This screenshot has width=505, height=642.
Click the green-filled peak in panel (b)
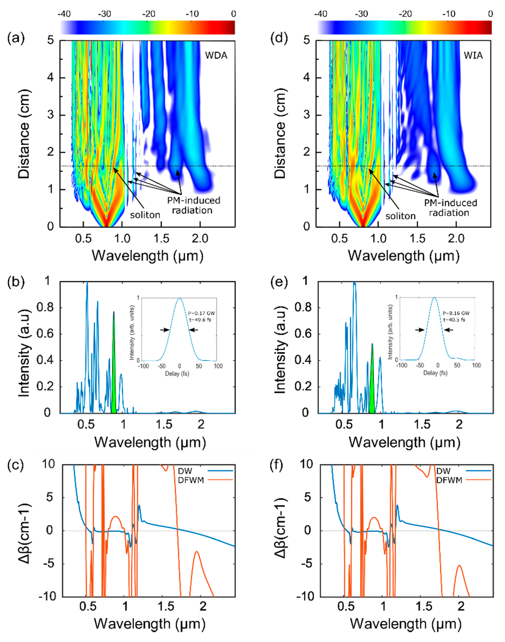point(114,370)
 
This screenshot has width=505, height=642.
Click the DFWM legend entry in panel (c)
point(191,480)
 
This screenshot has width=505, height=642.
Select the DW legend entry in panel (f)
point(443,471)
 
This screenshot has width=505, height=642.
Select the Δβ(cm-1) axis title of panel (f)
point(281,531)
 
